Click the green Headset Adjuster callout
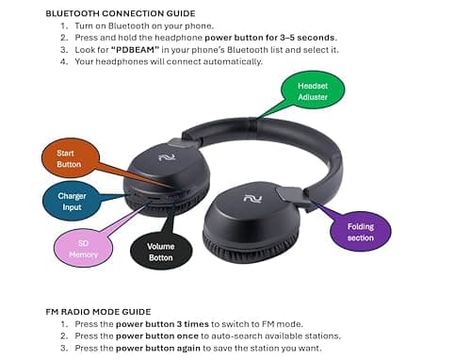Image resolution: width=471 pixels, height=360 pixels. [314, 90]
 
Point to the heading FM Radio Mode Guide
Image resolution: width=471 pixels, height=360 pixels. [98, 311]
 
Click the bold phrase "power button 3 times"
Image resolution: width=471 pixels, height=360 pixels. [154, 323]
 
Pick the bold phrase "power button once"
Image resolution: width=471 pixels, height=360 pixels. [150, 335]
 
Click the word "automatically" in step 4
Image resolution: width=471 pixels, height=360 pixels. [230, 61]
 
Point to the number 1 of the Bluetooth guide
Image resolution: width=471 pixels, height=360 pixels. [64, 26]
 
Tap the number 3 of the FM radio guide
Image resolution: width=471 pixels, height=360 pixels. [64, 348]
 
